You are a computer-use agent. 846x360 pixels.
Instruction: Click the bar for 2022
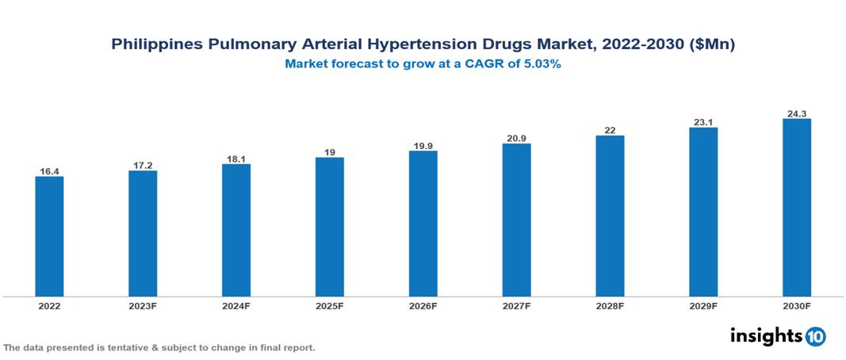[49, 236]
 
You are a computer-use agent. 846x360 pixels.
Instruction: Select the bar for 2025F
[329, 227]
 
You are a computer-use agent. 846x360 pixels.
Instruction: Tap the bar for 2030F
[796, 208]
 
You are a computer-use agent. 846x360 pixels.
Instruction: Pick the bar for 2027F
[516, 220]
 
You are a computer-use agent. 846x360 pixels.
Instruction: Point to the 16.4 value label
[49, 170]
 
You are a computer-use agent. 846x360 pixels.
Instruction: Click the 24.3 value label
[796, 113]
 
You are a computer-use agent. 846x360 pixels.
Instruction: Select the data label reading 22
[610, 129]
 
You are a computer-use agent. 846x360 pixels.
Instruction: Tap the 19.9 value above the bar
[423, 145]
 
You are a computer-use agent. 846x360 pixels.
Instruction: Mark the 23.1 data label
[703, 121]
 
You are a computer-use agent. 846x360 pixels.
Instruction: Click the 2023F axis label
[143, 306]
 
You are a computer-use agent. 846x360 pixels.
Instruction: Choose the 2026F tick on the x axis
[423, 306]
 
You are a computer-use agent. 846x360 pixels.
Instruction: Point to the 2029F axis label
[703, 306]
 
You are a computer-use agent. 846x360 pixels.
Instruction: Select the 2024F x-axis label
[236, 306]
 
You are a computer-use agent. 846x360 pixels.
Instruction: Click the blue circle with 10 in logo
[815, 337]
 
